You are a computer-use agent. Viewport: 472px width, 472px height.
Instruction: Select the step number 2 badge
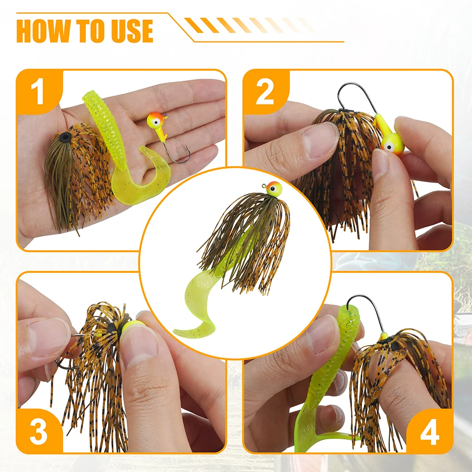(x=265, y=92)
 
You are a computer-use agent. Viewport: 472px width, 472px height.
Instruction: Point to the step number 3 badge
(x=39, y=431)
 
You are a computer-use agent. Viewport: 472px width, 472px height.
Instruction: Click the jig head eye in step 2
(x=389, y=147)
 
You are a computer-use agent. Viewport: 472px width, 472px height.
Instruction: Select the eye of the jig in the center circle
(x=273, y=189)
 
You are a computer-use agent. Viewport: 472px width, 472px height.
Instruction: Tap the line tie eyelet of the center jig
(x=264, y=185)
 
